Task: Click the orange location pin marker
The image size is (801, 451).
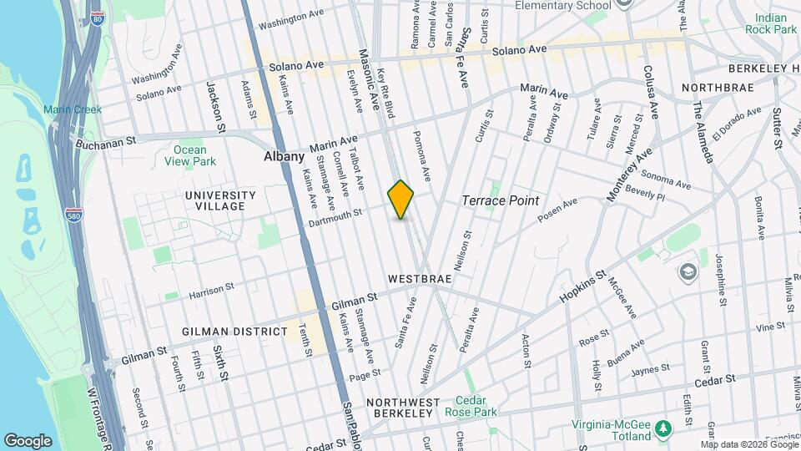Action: point(401,199)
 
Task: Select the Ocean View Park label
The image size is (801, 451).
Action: point(190,156)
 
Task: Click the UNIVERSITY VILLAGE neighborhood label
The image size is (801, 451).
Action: point(214,200)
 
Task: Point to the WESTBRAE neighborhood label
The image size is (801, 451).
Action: point(420,277)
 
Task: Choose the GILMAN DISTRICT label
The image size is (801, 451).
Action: point(234,332)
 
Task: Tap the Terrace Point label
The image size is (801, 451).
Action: point(501,201)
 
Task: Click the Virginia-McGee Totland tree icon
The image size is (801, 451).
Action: point(663,428)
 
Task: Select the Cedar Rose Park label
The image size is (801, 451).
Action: point(476,407)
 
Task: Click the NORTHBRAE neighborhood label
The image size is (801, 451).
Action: point(718,88)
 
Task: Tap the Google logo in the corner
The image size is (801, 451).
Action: point(28,440)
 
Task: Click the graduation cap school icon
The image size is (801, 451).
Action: point(688,271)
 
